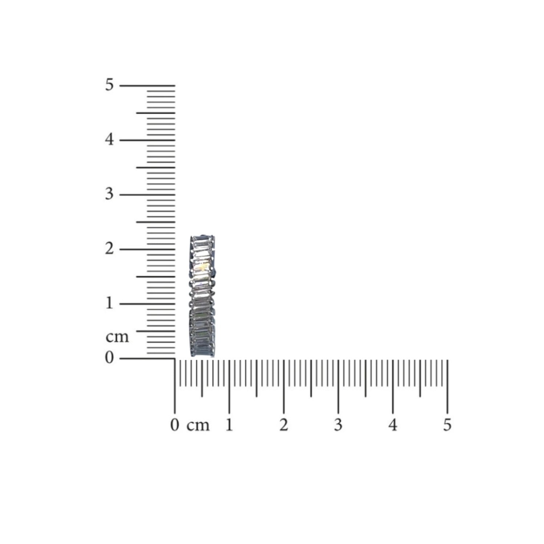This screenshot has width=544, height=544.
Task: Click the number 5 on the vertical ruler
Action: click(x=109, y=85)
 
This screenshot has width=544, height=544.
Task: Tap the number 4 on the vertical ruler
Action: click(x=109, y=140)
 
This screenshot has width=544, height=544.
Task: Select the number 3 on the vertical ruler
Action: click(x=109, y=194)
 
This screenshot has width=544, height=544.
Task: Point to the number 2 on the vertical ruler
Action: click(x=109, y=249)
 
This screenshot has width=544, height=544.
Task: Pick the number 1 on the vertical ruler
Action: click(x=109, y=303)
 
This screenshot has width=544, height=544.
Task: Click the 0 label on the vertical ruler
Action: click(x=109, y=358)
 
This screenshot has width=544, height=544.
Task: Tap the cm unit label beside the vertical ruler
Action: click(x=117, y=337)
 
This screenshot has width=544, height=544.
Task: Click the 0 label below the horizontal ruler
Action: click(x=175, y=425)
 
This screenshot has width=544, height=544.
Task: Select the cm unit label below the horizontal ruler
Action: click(x=198, y=426)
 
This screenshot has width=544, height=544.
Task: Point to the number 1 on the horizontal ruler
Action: click(x=229, y=425)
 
